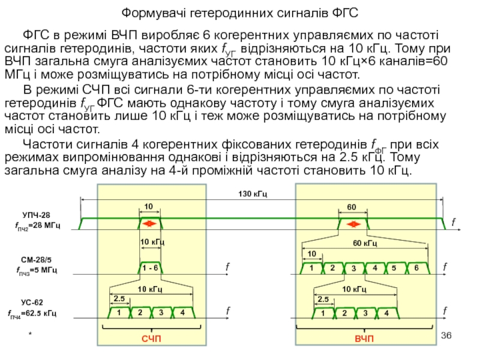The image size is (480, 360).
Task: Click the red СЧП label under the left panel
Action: (x=151, y=340)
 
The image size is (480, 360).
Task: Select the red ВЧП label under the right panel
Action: (x=364, y=340)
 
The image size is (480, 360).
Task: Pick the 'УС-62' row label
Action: (x=33, y=302)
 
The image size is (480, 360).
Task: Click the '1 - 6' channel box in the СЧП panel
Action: (x=151, y=267)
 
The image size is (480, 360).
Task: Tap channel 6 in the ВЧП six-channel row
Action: (x=416, y=268)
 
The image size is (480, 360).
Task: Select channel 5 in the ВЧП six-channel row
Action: (x=394, y=268)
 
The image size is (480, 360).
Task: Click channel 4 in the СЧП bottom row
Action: (x=181, y=313)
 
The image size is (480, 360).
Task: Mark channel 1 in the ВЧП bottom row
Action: (x=322, y=313)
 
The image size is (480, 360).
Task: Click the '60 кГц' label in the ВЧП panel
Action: (x=364, y=243)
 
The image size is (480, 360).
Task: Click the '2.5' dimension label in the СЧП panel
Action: (x=119, y=298)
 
